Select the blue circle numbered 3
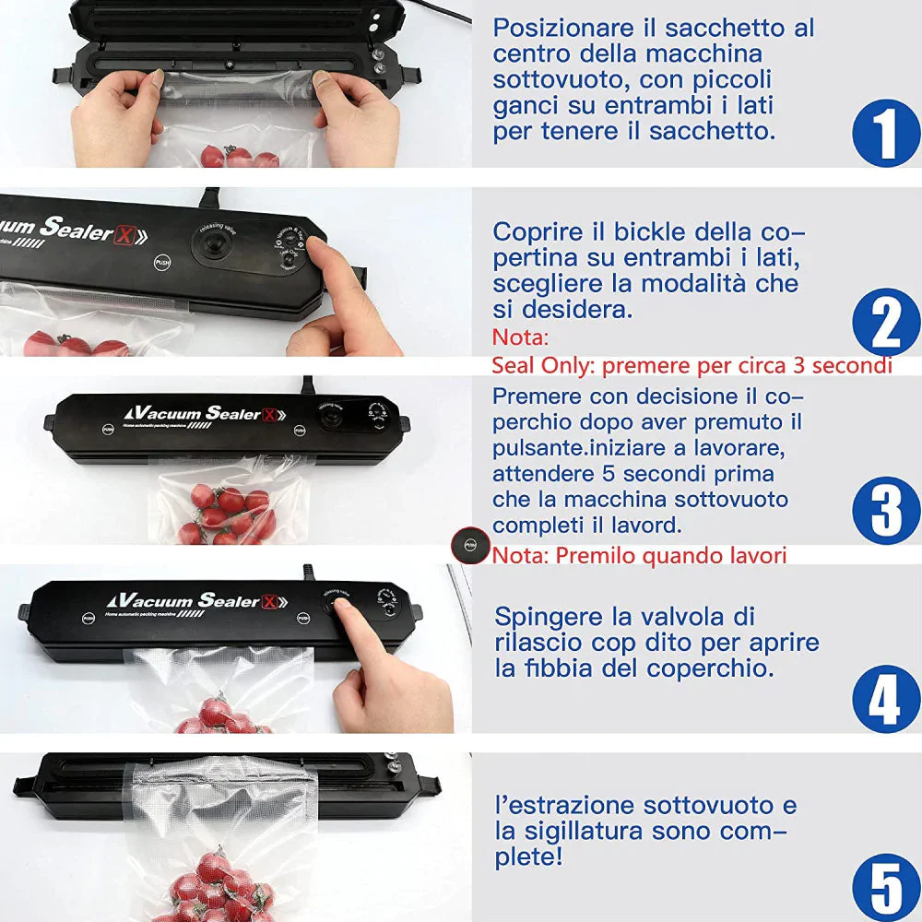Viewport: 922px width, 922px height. (x=885, y=510)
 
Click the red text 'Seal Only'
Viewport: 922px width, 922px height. (x=542, y=365)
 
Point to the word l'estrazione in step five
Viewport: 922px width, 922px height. (x=565, y=805)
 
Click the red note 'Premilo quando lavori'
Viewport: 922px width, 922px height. (x=639, y=555)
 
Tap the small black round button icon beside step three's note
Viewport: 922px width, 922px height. (x=470, y=546)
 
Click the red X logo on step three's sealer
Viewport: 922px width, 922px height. (x=268, y=415)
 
